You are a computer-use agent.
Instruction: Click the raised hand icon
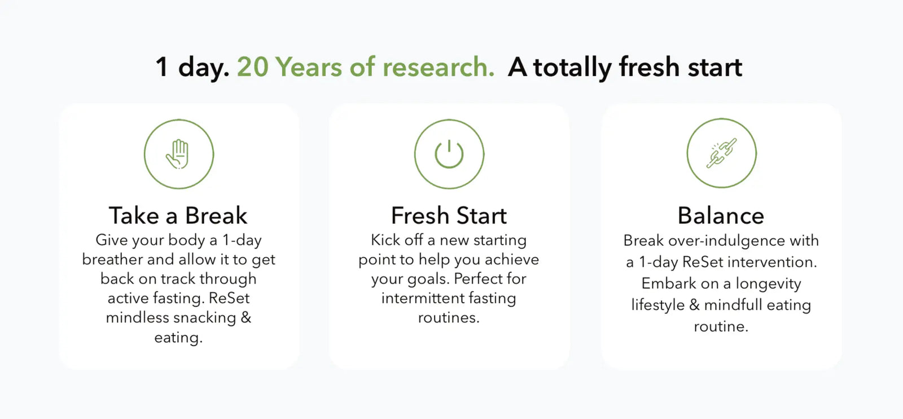point(178,154)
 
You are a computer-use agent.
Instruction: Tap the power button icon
point(449,154)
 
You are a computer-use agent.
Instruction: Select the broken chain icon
point(722,153)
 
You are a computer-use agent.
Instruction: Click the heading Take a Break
point(178,215)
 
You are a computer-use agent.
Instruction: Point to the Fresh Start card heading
point(449,215)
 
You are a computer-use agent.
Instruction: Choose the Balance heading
point(721,215)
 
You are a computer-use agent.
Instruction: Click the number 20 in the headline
point(253,67)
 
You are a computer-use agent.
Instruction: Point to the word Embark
point(669,284)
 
